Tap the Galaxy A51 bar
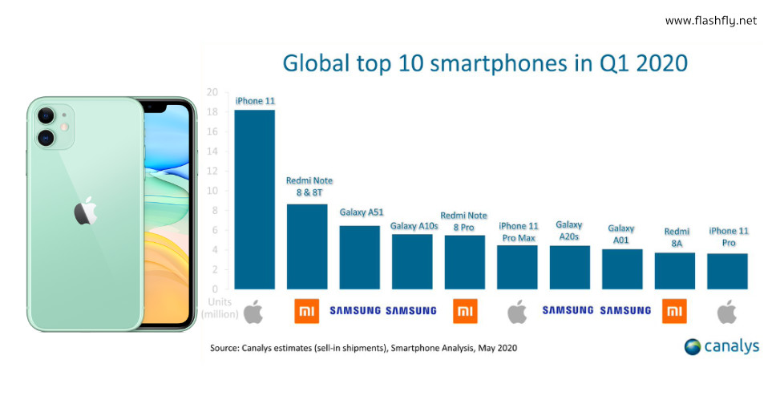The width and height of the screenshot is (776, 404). pyautogui.click(x=359, y=257)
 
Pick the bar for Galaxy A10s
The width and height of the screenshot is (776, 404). pyautogui.click(x=412, y=261)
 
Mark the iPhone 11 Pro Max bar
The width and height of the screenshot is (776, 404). pyautogui.click(x=517, y=267)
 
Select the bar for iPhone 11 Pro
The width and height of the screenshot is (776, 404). pyautogui.click(x=727, y=271)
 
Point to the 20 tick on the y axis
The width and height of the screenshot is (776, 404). pyautogui.click(x=212, y=92)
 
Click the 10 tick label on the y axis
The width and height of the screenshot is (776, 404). pyautogui.click(x=212, y=191)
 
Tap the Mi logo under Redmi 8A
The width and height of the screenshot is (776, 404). pyautogui.click(x=674, y=310)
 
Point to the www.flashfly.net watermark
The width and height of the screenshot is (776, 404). pyautogui.click(x=710, y=20)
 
